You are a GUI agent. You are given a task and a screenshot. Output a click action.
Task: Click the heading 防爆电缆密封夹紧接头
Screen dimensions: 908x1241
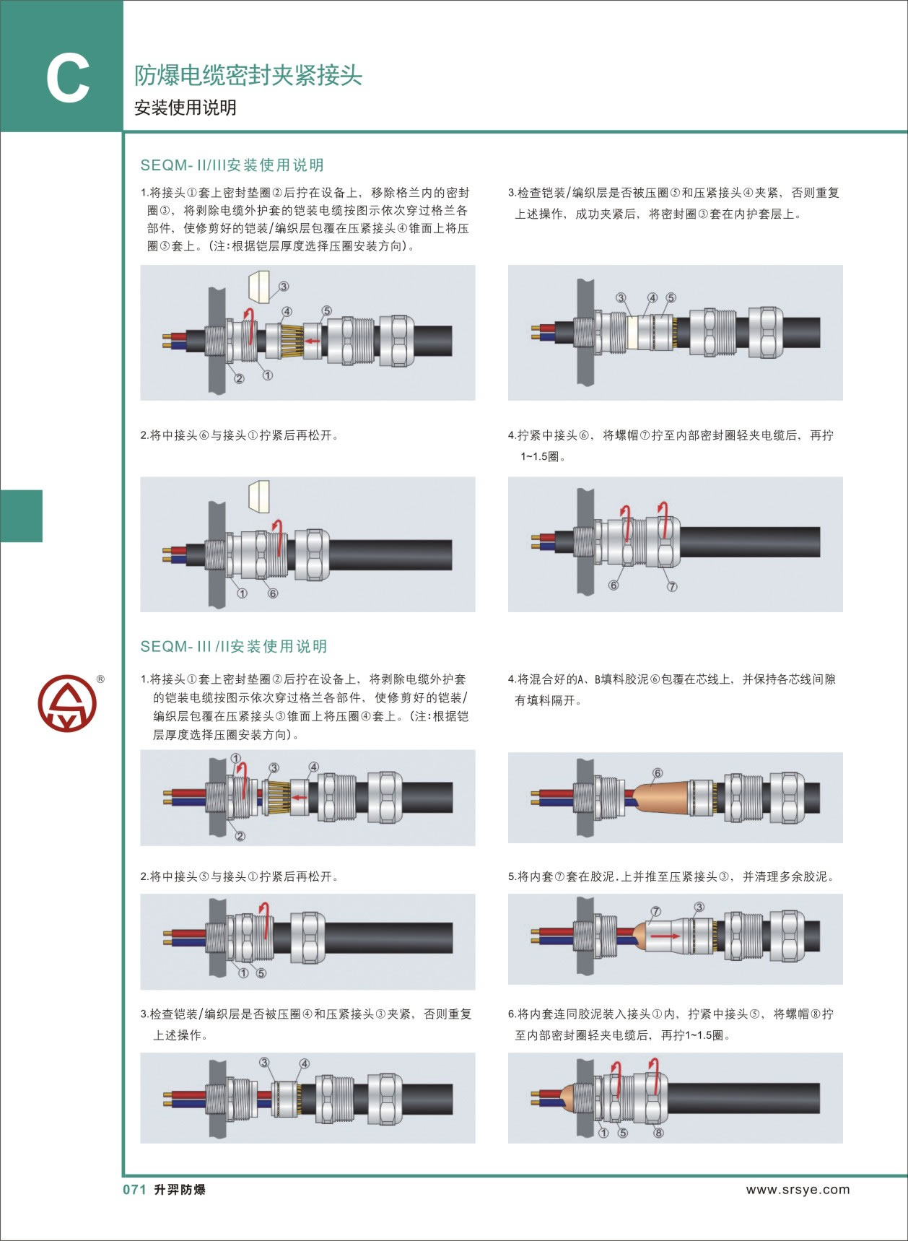point(248,75)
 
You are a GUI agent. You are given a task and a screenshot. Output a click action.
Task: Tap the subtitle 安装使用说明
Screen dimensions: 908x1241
point(185,108)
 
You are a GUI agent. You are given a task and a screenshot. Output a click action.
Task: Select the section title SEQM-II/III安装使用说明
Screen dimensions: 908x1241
point(232,165)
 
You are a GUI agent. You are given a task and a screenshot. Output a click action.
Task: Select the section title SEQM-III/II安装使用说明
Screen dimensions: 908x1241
point(234,646)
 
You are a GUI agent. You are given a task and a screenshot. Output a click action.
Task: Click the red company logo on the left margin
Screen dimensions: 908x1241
point(66,704)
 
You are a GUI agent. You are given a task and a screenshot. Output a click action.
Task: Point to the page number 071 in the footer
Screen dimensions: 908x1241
point(135,1189)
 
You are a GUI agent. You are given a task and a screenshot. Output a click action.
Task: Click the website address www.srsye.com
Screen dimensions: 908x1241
point(798,1189)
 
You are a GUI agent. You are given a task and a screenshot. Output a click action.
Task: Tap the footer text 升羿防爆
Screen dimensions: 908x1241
point(180,1189)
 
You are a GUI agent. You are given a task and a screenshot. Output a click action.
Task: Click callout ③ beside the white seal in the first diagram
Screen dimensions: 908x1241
point(284,287)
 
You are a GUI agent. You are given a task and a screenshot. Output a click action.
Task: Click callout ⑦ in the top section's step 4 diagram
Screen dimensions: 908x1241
point(672,586)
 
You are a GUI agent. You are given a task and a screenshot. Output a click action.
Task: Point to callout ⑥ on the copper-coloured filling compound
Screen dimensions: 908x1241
point(657,773)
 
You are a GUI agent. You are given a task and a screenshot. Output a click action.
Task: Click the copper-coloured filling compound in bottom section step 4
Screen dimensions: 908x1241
point(660,797)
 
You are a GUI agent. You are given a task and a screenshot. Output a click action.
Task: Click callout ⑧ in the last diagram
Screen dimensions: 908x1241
point(658,1133)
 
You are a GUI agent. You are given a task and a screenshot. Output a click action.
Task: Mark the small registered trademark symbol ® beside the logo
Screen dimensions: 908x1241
point(100,679)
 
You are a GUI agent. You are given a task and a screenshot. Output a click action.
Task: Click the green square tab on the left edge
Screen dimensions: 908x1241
point(21,515)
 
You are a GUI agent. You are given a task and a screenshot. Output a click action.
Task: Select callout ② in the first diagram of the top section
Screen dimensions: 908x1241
point(239,378)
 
